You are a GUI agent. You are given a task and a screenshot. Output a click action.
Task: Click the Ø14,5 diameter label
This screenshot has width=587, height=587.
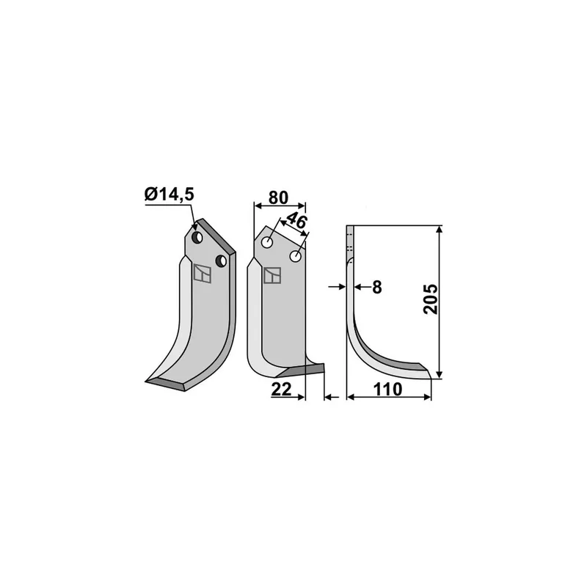pyautogui.click(x=169, y=194)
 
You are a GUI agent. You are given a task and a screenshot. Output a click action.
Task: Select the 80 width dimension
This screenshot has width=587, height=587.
pyautogui.click(x=279, y=197)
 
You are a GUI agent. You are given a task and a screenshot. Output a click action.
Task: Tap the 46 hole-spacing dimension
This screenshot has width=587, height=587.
pyautogui.click(x=296, y=222)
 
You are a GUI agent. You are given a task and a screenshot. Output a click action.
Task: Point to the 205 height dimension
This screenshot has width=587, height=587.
pyautogui.click(x=431, y=299)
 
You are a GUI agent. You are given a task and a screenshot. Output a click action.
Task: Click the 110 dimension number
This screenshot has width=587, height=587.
pyautogui.click(x=388, y=390)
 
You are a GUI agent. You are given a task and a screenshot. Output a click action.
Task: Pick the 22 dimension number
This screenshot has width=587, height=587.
pyautogui.click(x=281, y=390)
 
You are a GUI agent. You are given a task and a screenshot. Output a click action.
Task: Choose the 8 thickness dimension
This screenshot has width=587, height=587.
pyautogui.click(x=377, y=287)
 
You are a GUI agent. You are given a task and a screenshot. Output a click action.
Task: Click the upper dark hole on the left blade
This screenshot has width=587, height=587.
pyautogui.click(x=197, y=237)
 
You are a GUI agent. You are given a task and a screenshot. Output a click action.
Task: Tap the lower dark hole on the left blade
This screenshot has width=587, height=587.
pyautogui.click(x=222, y=260)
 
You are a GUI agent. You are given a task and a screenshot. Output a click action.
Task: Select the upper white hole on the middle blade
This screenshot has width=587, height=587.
pyautogui.click(x=267, y=242)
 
